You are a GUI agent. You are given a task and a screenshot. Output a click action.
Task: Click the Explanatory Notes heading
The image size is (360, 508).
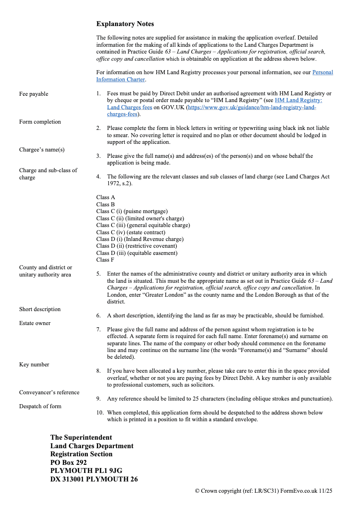pos(125,24)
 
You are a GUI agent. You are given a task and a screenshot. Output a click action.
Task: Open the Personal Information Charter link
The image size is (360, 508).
pos(322,72)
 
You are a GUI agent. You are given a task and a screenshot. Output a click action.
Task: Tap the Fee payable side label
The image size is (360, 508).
pos(34,94)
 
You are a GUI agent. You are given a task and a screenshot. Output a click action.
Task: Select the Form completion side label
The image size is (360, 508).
pos(40,122)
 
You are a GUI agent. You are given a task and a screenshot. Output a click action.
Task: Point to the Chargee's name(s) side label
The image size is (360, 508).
pos(42,150)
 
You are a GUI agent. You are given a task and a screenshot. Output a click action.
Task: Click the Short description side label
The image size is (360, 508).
pos(40,309)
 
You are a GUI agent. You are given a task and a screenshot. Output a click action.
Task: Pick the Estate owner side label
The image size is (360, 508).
pos(35,323)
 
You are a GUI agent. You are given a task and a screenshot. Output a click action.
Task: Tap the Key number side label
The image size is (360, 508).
pos(34,365)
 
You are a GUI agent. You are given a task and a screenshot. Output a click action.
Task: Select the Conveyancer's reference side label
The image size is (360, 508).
pos(49,392)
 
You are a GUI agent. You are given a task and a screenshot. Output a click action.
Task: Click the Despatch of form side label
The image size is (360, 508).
pos(40,406)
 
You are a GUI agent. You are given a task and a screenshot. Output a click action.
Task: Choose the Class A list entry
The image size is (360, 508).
pos(106,197)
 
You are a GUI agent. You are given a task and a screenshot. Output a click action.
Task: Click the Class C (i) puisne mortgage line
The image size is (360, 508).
pos(132,211)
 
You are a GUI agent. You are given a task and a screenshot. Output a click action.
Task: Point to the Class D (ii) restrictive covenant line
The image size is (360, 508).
pos(137,246)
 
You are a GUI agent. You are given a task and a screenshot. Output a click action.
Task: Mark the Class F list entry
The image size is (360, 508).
pos(105,260)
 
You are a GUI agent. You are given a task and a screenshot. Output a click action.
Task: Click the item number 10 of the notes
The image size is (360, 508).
pos(100,413)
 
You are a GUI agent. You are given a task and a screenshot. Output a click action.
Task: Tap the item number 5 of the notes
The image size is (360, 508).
pos(98,274)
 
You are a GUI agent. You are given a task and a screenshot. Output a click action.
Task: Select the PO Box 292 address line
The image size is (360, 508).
pos(68,463)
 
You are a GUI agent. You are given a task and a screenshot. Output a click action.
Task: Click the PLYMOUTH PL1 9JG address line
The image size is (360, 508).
pos(86,471)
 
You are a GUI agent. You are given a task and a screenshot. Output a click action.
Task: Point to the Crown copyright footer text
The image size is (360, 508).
pos(263,491)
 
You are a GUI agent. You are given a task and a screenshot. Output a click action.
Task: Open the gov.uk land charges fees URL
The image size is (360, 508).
pos(252,108)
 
